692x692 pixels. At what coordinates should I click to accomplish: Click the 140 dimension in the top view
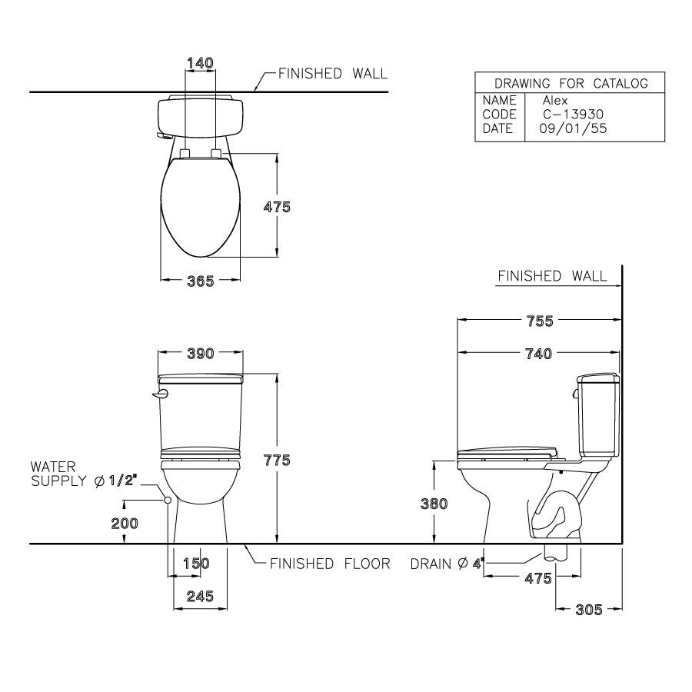point(200,63)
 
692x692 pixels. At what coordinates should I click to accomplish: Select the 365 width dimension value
point(201,281)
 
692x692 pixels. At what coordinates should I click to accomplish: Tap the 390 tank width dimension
point(201,353)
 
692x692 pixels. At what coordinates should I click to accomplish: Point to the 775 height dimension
point(277,460)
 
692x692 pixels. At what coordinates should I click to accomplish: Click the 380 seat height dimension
point(434,504)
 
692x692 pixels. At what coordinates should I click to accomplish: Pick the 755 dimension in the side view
point(540,321)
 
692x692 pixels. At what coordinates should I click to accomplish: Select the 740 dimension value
point(538,354)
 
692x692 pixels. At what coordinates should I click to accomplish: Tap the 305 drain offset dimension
point(589,610)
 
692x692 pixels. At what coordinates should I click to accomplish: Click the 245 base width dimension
point(200,596)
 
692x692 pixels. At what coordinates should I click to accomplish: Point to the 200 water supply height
point(125,524)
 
